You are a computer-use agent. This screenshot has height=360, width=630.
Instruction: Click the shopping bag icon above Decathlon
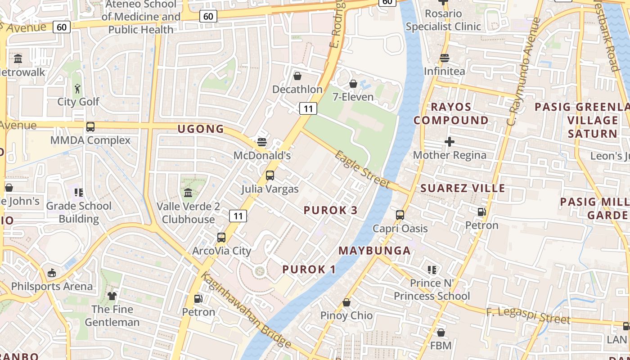coord(297,76)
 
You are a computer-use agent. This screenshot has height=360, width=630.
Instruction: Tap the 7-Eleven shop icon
coord(353,84)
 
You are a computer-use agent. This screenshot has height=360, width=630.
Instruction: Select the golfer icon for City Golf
coord(78,89)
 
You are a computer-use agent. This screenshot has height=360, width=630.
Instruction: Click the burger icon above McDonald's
coord(262,142)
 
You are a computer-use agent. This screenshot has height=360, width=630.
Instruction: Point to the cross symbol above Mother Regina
coord(449,142)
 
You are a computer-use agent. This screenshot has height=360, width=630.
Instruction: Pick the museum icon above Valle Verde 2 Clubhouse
coord(188,193)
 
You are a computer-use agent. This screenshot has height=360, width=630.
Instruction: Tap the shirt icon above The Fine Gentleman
coord(112,296)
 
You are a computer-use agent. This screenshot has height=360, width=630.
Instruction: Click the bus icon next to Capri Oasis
coord(400,215)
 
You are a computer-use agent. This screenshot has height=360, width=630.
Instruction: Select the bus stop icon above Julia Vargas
coord(270,175)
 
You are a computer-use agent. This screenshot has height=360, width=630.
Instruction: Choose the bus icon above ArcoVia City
coord(221,237)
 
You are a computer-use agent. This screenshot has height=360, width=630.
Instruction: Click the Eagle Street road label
coord(362,169)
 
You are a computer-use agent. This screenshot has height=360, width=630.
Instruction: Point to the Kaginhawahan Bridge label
coord(246,310)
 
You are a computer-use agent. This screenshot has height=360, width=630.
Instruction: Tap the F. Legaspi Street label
coord(528,315)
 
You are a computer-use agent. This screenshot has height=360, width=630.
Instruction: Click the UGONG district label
coord(201,129)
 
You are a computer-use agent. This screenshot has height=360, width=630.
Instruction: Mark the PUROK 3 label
coord(331,210)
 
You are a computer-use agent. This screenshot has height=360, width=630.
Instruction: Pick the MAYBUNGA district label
coord(374,251)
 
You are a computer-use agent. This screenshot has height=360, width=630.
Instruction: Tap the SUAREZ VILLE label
coord(463,188)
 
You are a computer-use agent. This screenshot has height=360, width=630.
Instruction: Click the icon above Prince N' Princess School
coord(432,270)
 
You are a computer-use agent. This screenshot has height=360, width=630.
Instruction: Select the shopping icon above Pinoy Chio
coord(346,302)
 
